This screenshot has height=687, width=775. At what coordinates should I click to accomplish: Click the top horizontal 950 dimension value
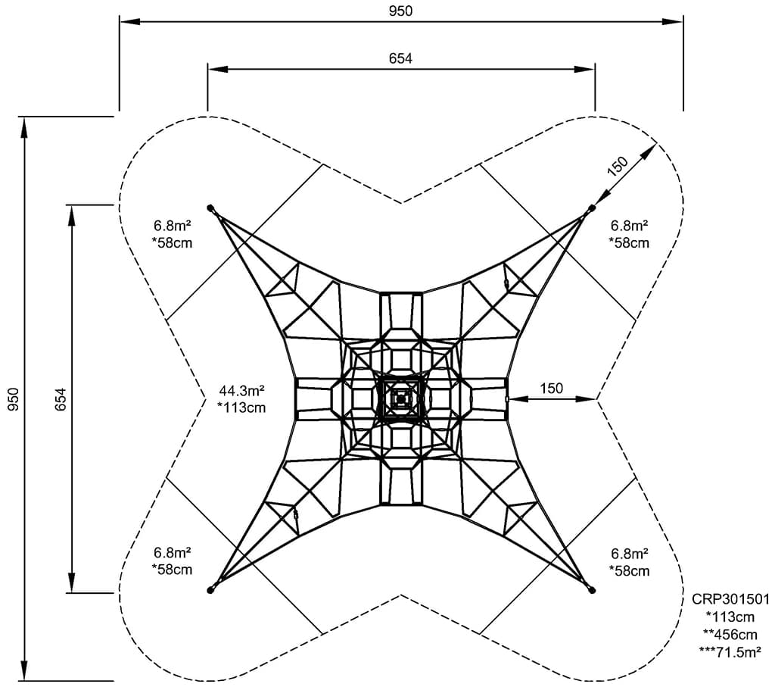[x=400, y=11]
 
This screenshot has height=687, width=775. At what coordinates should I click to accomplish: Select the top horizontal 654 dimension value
[x=400, y=58]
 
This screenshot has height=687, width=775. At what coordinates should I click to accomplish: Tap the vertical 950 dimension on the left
[x=13, y=398]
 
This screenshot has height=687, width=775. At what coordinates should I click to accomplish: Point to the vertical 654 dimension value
[x=61, y=398]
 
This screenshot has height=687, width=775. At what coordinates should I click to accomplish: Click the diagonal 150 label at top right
[x=618, y=167]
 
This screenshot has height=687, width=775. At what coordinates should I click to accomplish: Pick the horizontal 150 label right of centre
[x=551, y=389]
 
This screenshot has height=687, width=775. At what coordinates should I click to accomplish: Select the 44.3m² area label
[x=241, y=392]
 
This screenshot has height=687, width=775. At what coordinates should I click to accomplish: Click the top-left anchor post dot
[x=210, y=207]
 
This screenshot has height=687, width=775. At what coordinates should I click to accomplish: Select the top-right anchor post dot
[x=592, y=207]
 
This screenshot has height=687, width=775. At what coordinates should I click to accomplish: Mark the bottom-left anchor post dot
[x=210, y=590]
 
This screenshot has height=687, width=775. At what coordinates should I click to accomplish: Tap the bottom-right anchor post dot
[x=592, y=590]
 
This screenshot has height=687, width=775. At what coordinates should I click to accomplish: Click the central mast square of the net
[x=400, y=398]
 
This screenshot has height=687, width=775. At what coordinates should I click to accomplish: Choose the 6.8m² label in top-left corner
[x=172, y=225]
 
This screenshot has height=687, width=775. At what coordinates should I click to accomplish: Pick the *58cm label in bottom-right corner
[x=629, y=570]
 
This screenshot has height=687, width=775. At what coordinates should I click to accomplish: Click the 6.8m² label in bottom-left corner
[x=172, y=552]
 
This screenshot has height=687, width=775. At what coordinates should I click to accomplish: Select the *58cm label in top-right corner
[x=629, y=243]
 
